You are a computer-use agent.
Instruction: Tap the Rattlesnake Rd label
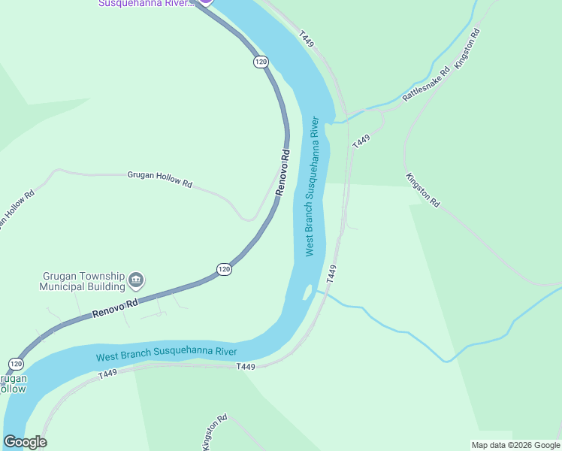point(425,84)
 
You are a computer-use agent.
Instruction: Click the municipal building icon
point(136,281)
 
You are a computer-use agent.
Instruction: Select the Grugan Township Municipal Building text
point(82,281)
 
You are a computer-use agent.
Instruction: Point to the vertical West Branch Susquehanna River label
point(313,186)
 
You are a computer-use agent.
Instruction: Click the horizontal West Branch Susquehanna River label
point(166,353)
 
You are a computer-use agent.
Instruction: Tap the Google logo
point(25,442)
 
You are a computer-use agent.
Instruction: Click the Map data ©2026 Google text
point(515,445)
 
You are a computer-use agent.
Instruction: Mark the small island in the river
point(307,292)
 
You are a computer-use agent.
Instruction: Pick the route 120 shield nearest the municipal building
point(224,269)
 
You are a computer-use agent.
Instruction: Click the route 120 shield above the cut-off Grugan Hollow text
point(16,364)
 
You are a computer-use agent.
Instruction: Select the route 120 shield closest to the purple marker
point(261,62)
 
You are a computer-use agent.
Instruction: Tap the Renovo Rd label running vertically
point(283,173)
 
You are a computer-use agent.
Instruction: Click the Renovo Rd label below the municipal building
point(116,308)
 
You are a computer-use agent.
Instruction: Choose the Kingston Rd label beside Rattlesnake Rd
point(466,50)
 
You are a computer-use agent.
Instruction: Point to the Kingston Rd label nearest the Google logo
point(214,432)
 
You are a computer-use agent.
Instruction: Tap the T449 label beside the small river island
point(331,274)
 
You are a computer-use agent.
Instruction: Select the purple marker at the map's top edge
point(205,2)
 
